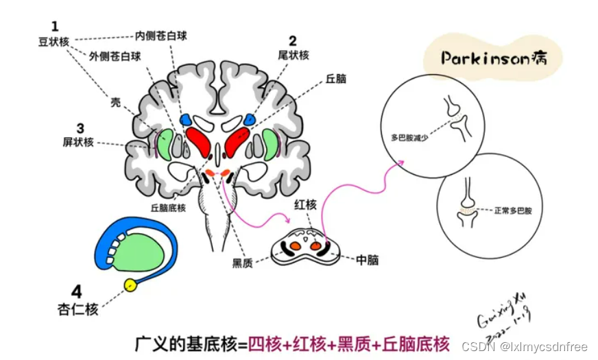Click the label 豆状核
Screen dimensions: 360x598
(54, 41)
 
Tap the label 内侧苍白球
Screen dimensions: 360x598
(161, 36)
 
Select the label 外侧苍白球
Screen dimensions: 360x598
(115, 57)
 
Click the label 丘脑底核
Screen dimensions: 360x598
(168, 206)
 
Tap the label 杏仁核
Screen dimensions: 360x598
(77, 309)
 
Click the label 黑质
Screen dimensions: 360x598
(242, 263)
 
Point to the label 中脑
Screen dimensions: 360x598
(367, 260)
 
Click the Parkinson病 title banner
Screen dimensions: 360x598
(494, 58)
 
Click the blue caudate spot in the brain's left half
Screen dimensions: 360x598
(186, 120)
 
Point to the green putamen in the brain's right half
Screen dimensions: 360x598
(270, 145)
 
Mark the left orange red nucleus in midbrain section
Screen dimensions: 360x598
(294, 244)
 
